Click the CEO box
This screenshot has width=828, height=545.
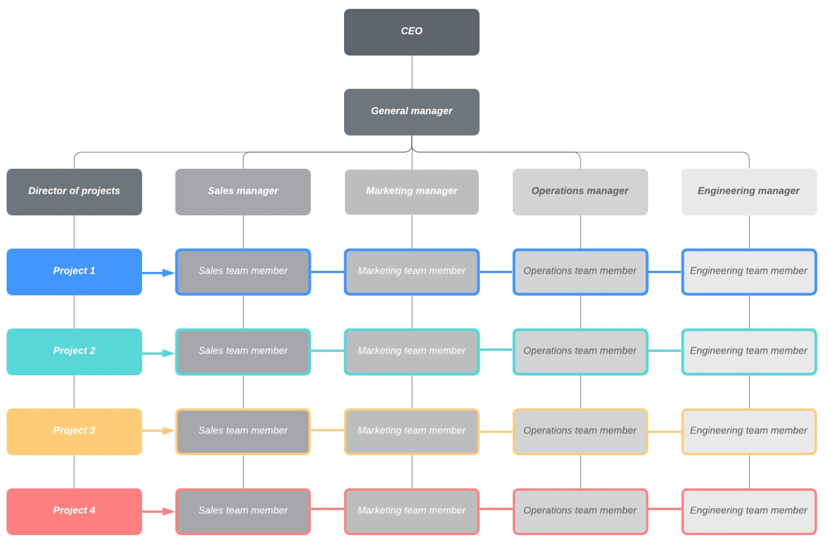(x=411, y=32)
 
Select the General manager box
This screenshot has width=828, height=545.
(x=411, y=112)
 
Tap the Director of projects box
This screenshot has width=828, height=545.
(x=74, y=191)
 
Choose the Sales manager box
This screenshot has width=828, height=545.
(x=243, y=191)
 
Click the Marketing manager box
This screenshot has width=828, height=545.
(x=411, y=191)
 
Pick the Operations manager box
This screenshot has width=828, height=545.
(x=580, y=191)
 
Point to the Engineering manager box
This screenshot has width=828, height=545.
(x=749, y=191)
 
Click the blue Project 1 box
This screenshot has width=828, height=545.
(x=74, y=271)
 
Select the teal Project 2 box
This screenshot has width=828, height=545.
(x=74, y=351)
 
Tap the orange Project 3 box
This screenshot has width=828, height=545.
(x=74, y=431)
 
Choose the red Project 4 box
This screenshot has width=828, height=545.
(x=74, y=511)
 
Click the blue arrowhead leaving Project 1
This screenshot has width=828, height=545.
(x=168, y=272)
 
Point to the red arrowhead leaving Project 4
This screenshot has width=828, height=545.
(x=168, y=511)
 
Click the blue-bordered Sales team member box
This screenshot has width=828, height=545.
(x=243, y=271)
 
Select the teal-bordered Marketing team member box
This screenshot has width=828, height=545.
(x=411, y=351)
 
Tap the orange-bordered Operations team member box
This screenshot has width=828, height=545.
(x=580, y=431)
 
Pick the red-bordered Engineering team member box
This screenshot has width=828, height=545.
(x=749, y=511)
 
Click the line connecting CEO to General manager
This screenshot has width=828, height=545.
(x=412, y=72)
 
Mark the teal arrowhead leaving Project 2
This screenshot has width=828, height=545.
(x=168, y=353)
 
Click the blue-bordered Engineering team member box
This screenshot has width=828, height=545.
(x=749, y=271)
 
